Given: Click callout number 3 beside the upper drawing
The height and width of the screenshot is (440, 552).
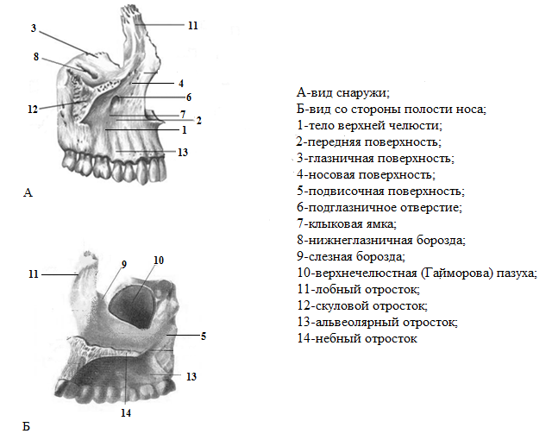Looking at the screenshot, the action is (34, 28).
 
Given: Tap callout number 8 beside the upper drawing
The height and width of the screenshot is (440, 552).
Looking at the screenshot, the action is (36, 57).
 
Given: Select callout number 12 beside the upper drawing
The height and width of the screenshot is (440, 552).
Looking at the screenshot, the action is (33, 110).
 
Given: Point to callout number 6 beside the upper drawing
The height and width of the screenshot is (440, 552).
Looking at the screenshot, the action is (189, 97).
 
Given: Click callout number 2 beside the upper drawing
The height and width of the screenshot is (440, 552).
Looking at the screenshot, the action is (199, 121).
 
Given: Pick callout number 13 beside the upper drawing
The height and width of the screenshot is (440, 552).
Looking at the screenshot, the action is (183, 153).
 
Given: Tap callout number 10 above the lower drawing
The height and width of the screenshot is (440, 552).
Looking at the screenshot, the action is (159, 261).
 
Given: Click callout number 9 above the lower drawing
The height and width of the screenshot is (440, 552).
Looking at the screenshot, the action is (124, 264).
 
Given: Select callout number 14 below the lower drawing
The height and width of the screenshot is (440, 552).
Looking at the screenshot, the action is (126, 413).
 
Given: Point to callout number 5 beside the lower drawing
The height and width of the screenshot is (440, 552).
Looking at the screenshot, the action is (204, 336).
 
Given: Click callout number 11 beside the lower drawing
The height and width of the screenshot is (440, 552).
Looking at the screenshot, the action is (34, 274).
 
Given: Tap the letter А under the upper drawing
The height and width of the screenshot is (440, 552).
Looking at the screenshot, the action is (28, 192).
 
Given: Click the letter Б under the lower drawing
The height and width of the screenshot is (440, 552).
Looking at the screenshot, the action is (27, 426).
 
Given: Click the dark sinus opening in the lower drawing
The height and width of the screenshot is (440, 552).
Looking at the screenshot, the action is (132, 305).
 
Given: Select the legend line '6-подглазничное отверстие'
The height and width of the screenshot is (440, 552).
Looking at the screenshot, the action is (379, 208).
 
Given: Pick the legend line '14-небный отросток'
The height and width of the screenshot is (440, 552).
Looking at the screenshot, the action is (357, 338).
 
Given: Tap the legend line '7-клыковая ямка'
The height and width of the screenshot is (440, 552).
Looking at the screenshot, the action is (347, 223).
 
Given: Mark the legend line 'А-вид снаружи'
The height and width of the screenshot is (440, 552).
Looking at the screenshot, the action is (343, 93).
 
